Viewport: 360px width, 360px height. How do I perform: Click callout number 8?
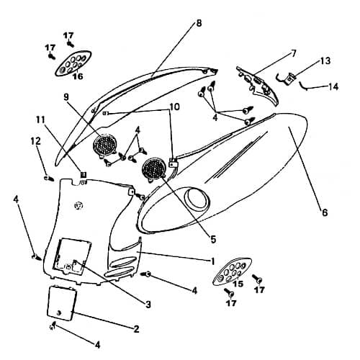pyautogui.click(x=199, y=23)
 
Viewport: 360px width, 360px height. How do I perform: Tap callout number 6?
pyautogui.click(x=325, y=212)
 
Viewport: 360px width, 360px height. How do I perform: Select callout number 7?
pyautogui.click(x=294, y=53)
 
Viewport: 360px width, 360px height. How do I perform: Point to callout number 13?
pyautogui.click(x=325, y=61)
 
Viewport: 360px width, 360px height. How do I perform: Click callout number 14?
pyautogui.click(x=333, y=86)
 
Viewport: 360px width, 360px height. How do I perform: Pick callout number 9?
pyautogui.click(x=66, y=96)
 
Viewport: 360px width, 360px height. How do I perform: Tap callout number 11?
pyautogui.click(x=41, y=120)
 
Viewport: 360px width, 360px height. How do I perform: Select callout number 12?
pyautogui.click(x=36, y=141)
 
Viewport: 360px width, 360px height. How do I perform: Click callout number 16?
pyautogui.click(x=78, y=76)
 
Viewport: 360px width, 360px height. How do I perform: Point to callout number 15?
pyautogui.click(x=238, y=284)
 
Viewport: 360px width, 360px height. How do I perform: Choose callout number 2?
pyautogui.click(x=136, y=329)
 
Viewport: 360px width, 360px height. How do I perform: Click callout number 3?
pyautogui.click(x=148, y=305)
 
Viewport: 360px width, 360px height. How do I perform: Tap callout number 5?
pyautogui.click(x=213, y=239)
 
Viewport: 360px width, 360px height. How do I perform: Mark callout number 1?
pyautogui.click(x=212, y=261)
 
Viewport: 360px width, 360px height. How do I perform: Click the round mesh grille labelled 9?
pyautogui.click(x=104, y=145)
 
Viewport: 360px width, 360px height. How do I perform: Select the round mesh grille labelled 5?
pyautogui.click(x=154, y=170)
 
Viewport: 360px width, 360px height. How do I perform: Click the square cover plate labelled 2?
pyautogui.click(x=62, y=303)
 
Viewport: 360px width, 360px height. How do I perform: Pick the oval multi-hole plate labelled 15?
pyautogui.click(x=233, y=271)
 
